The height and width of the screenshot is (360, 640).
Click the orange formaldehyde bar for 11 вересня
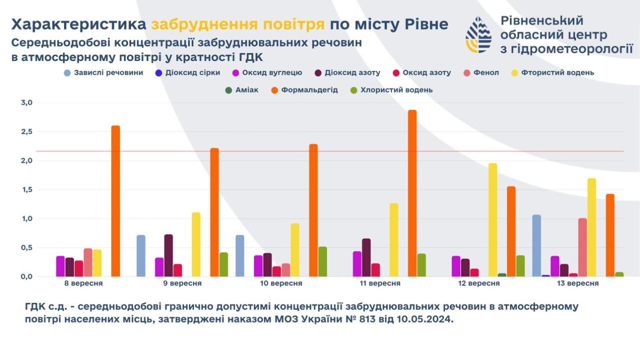point(412,193)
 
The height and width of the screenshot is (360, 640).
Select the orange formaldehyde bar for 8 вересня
point(115,201)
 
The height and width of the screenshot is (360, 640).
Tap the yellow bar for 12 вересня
point(493,220)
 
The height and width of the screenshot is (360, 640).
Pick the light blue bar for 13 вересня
point(537,246)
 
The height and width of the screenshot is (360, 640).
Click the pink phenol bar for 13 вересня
point(583,247)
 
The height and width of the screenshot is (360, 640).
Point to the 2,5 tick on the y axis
point(26,132)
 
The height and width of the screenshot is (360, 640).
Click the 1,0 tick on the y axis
point(26,219)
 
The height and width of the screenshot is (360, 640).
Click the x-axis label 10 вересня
point(281,283)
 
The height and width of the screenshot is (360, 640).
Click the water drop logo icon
point(478,35)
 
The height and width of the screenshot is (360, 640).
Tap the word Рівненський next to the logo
point(542,21)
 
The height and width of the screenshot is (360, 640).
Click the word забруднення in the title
point(238,24)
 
